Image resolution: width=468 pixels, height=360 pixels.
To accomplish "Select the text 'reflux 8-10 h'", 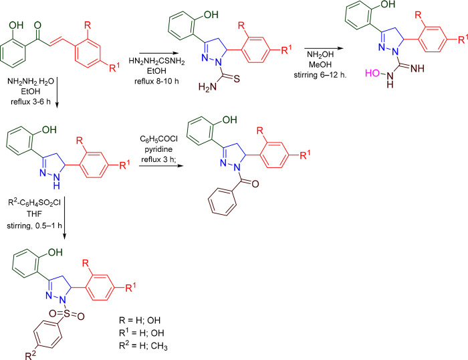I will pyautogui.click(x=165, y=81).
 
